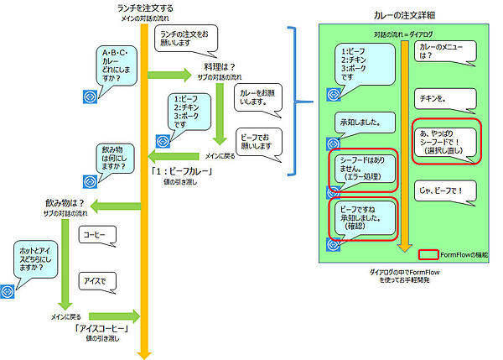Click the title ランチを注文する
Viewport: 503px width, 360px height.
(x=145, y=8)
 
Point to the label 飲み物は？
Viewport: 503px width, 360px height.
(x=65, y=203)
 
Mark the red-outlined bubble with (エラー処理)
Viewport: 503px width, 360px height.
(x=361, y=170)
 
